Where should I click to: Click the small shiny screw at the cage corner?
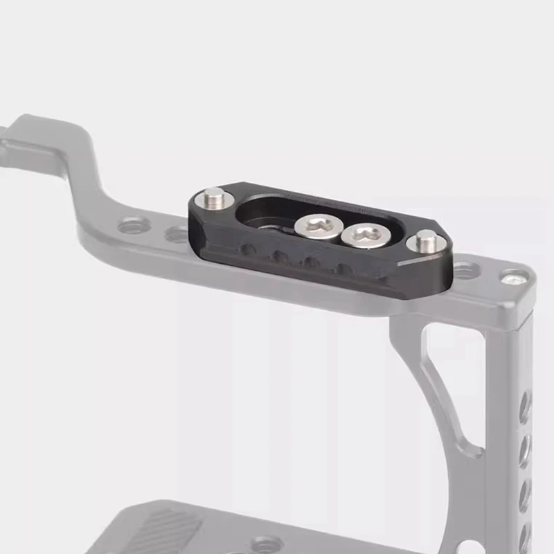click(x=514, y=278)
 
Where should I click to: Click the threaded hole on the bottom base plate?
click(x=267, y=544)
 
